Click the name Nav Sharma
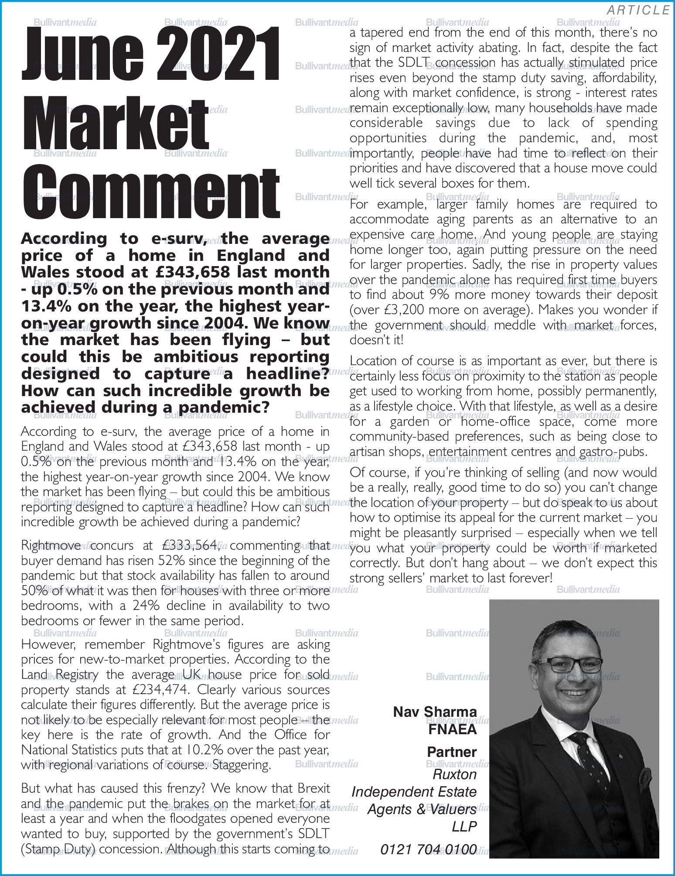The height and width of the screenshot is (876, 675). pos(435,712)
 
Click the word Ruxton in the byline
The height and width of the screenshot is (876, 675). pos(454,774)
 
